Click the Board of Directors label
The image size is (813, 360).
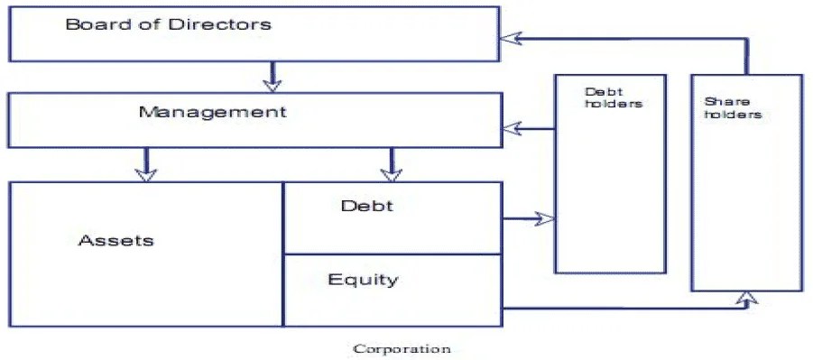(168, 24)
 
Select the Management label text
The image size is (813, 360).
(212, 113)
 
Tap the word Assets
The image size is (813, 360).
(116, 240)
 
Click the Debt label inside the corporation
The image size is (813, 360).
(367, 206)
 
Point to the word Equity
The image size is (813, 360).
(363, 279)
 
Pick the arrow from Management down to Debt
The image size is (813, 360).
(391, 163)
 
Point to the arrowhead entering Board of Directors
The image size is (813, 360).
(512, 38)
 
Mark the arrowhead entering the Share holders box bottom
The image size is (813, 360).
(746, 299)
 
